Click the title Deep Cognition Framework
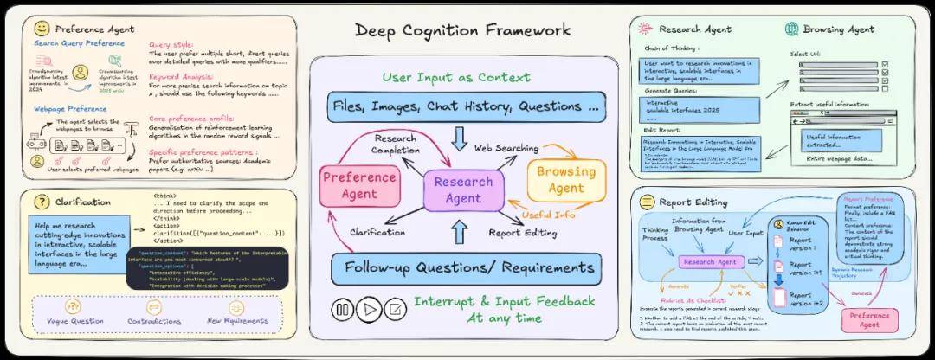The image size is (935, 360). [463, 30]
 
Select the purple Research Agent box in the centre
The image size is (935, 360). [463, 190]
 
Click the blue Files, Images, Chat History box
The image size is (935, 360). [463, 107]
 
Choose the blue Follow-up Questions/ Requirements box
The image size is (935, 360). [463, 268]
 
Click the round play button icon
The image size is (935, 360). [369, 308]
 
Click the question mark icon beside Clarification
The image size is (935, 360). [42, 202]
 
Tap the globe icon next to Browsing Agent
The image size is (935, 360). [791, 29]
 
